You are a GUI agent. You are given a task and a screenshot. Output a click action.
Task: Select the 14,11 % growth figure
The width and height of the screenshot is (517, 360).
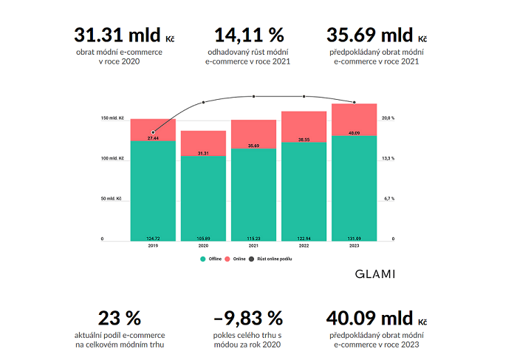tap(248, 35)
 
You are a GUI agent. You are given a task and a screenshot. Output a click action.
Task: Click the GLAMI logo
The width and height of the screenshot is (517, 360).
tap(375, 274)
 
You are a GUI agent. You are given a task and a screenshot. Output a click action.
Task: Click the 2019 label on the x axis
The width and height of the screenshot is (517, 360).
tap(153, 245)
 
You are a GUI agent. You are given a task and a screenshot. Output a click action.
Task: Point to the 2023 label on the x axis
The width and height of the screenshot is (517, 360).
tap(354, 245)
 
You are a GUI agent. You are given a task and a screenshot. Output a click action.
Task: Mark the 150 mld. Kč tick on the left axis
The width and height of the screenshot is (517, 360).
tap(112, 118)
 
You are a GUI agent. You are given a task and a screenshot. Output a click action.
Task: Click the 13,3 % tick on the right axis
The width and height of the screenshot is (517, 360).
tap(387, 158)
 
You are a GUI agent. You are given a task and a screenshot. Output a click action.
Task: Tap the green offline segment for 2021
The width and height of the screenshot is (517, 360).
tap(253, 196)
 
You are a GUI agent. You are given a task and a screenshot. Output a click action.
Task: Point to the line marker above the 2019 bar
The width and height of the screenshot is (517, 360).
tap(153, 132)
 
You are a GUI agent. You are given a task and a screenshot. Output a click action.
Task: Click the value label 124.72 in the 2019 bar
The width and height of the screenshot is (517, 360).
tap(153, 238)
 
